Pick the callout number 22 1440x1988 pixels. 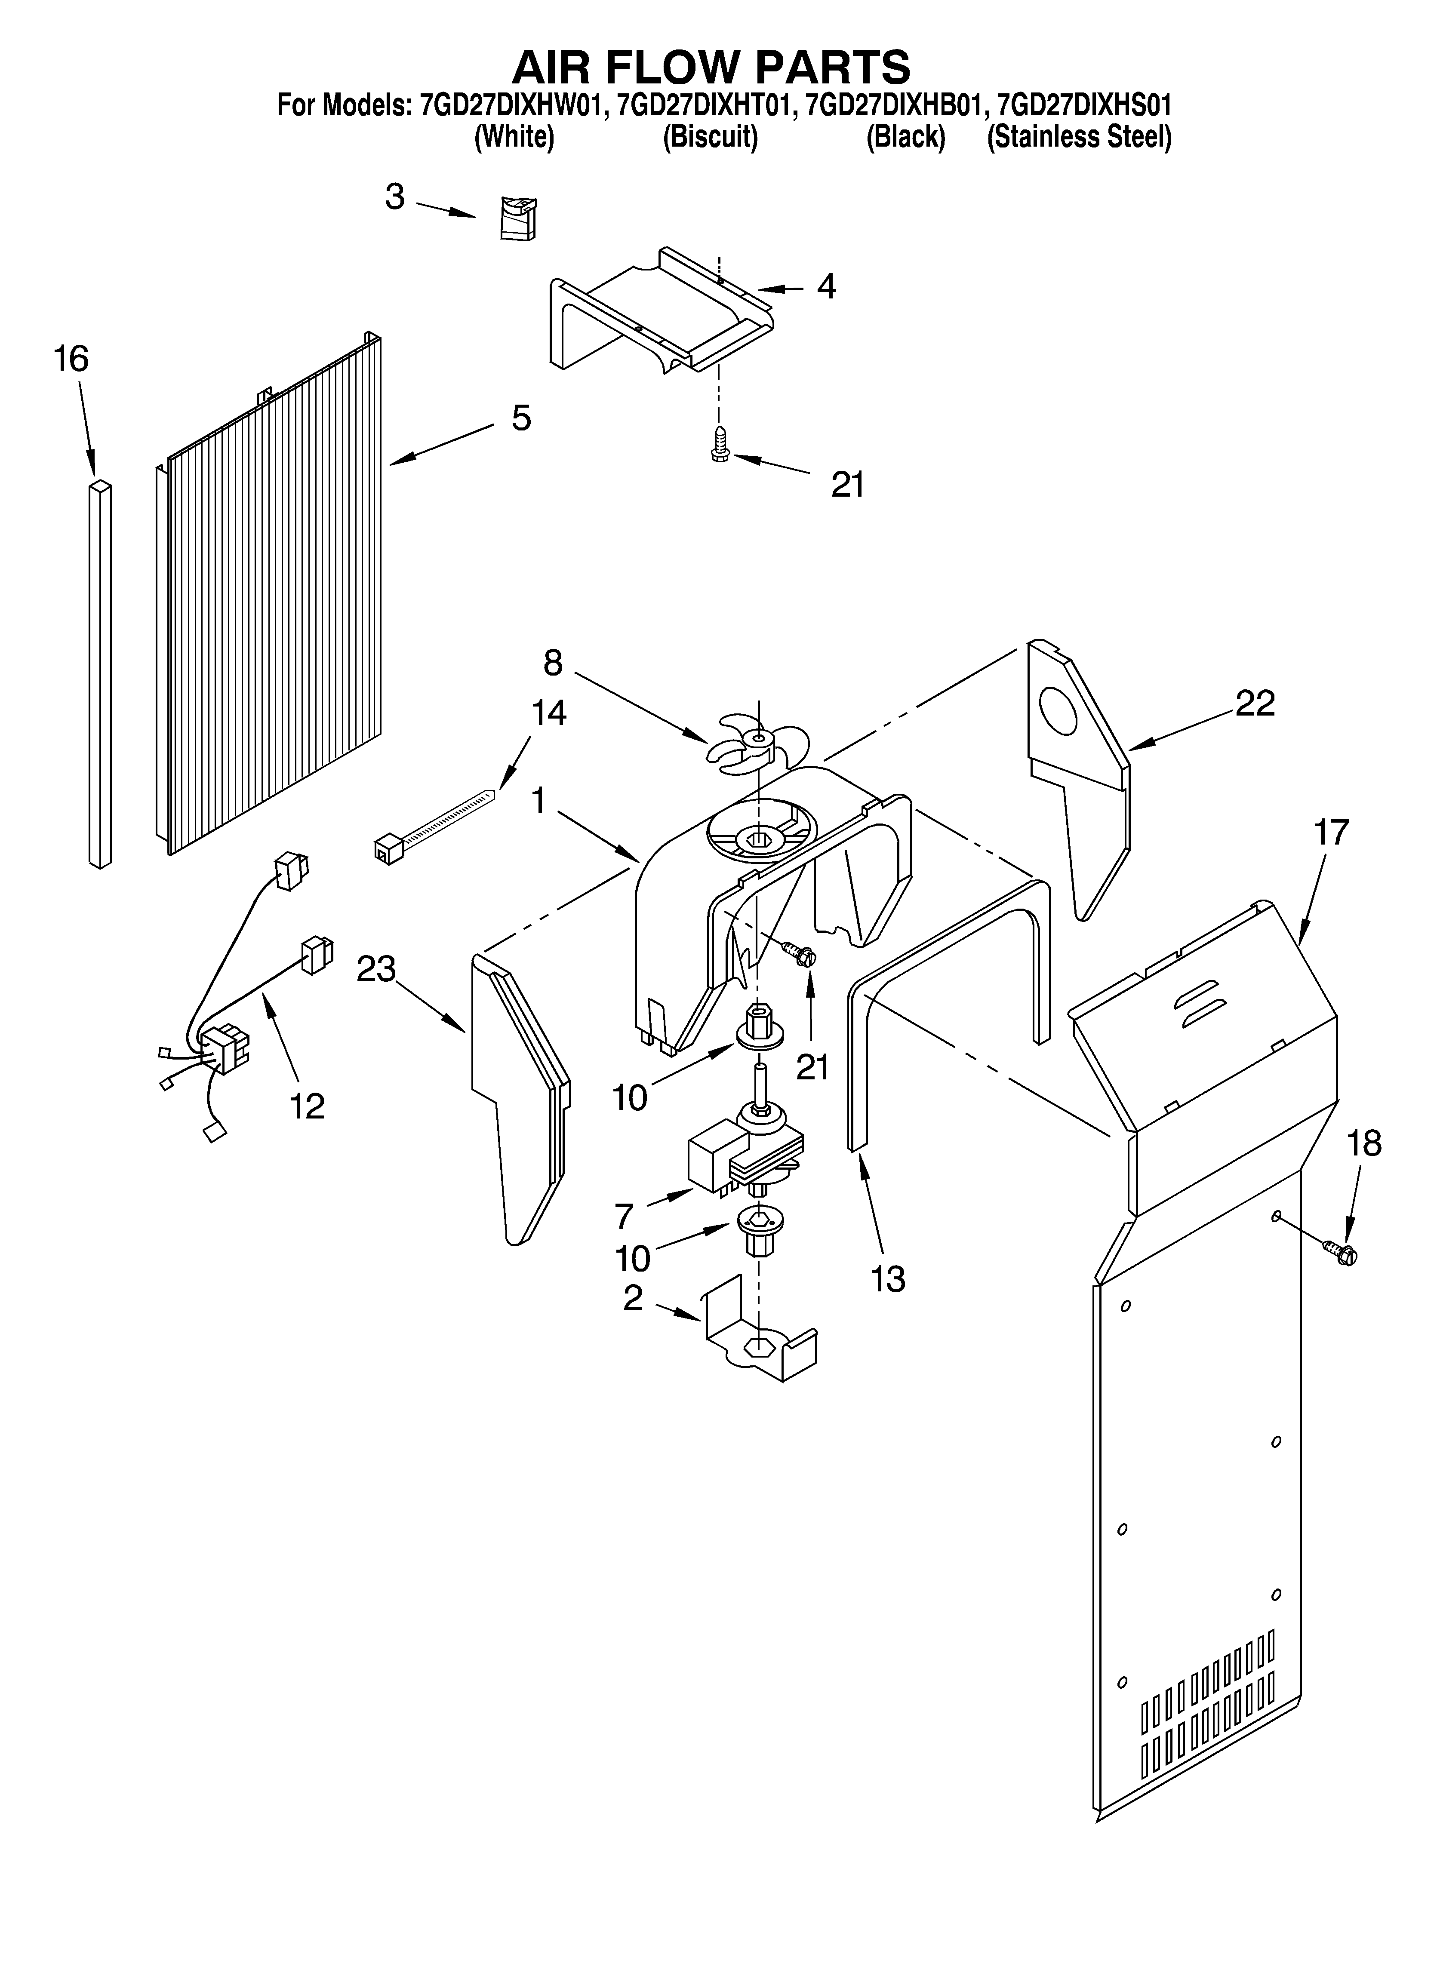[1255, 703]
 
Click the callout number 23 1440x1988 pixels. [376, 969]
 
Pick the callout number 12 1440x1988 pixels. [307, 1106]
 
